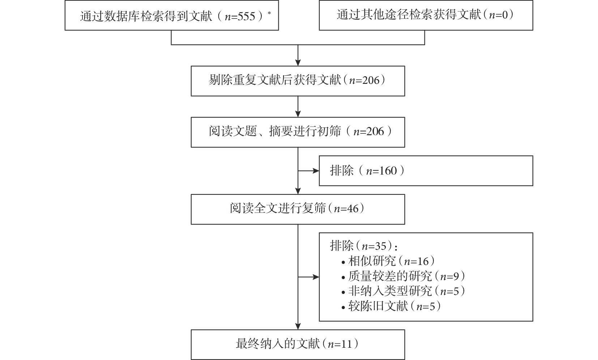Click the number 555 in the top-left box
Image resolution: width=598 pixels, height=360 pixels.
pos(247,17)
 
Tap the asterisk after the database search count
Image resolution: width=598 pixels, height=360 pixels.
pos(269,13)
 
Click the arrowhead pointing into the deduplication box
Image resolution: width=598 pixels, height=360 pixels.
pos(298,63)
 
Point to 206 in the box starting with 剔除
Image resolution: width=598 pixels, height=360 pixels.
pos(371,80)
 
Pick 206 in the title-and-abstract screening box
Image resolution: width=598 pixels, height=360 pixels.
pos(375,132)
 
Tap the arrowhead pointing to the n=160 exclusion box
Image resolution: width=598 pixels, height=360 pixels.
pos(316,171)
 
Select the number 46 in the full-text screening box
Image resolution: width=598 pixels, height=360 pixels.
pos(353,209)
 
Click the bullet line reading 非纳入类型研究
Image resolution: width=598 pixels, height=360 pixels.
pos(403,291)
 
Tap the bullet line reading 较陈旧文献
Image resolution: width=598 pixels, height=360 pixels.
pos(391,307)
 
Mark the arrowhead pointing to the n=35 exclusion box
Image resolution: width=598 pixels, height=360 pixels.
pos(316,277)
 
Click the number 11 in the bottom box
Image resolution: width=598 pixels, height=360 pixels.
pos(346,344)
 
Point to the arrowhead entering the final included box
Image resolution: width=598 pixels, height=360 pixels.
pos(298,326)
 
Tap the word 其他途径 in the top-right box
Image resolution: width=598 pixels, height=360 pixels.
pos(384,15)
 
